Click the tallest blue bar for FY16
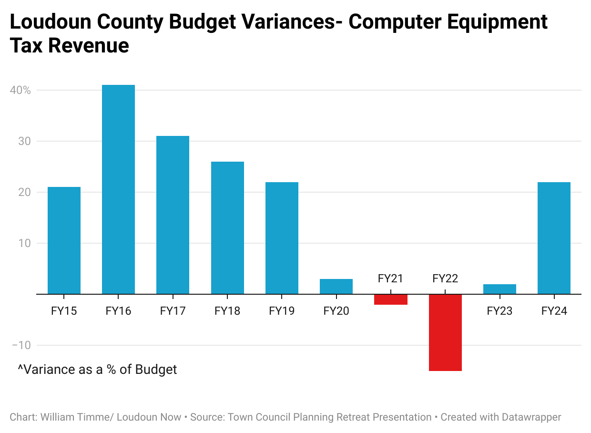118,189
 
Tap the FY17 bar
173,215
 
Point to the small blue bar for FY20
336,287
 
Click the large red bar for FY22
445,332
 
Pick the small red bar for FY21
390,299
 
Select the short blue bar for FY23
499,289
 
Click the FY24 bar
554,238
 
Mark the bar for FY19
282,238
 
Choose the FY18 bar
227,228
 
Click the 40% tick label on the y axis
20,90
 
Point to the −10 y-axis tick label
20,345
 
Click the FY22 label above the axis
445,278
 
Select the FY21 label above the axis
390,278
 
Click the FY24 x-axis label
554,311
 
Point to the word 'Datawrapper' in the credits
531,417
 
